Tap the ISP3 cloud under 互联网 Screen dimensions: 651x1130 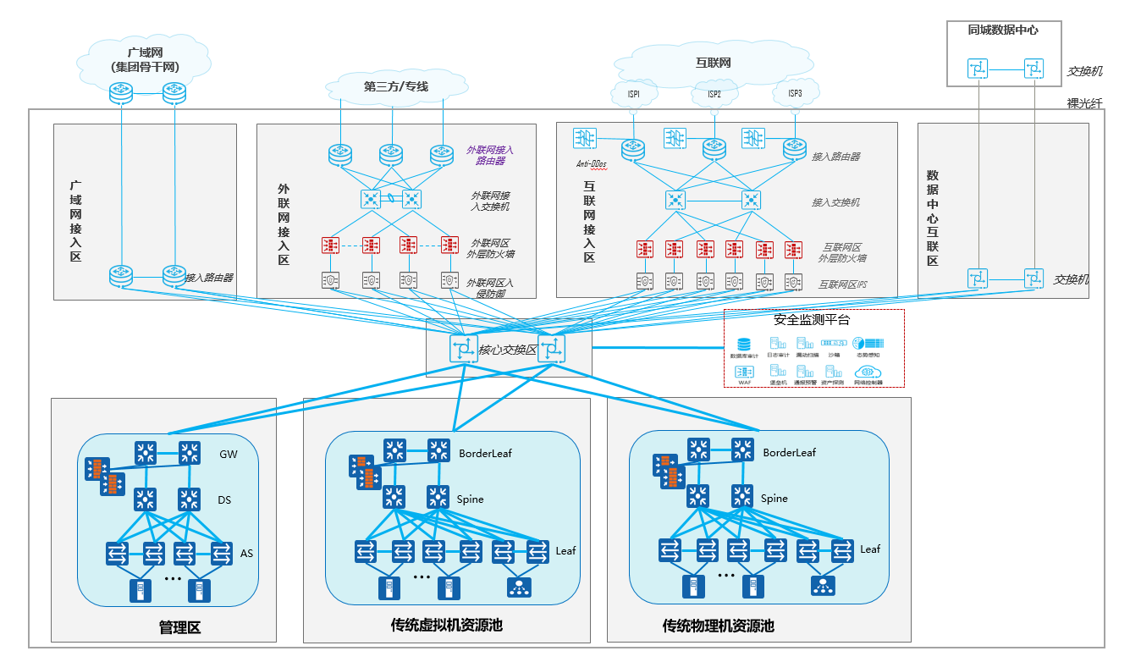pos(795,93)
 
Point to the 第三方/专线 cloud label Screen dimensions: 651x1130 pos(396,86)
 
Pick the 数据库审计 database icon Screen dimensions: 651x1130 pos(744,345)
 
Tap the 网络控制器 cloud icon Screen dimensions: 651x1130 pos(868,372)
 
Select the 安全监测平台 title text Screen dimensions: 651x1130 pos(811,320)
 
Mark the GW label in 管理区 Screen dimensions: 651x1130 pos(229,455)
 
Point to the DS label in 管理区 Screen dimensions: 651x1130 pos(225,500)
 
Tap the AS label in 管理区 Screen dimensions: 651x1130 pos(246,554)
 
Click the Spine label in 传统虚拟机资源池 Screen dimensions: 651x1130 pos(470,499)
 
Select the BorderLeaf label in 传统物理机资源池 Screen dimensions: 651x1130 pos(789,453)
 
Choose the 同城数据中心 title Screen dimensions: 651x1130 pos(1003,30)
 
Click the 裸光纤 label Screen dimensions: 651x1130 pos(1084,103)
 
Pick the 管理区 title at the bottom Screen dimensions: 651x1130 pos(179,627)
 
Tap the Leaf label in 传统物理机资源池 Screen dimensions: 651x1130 pos(870,549)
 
